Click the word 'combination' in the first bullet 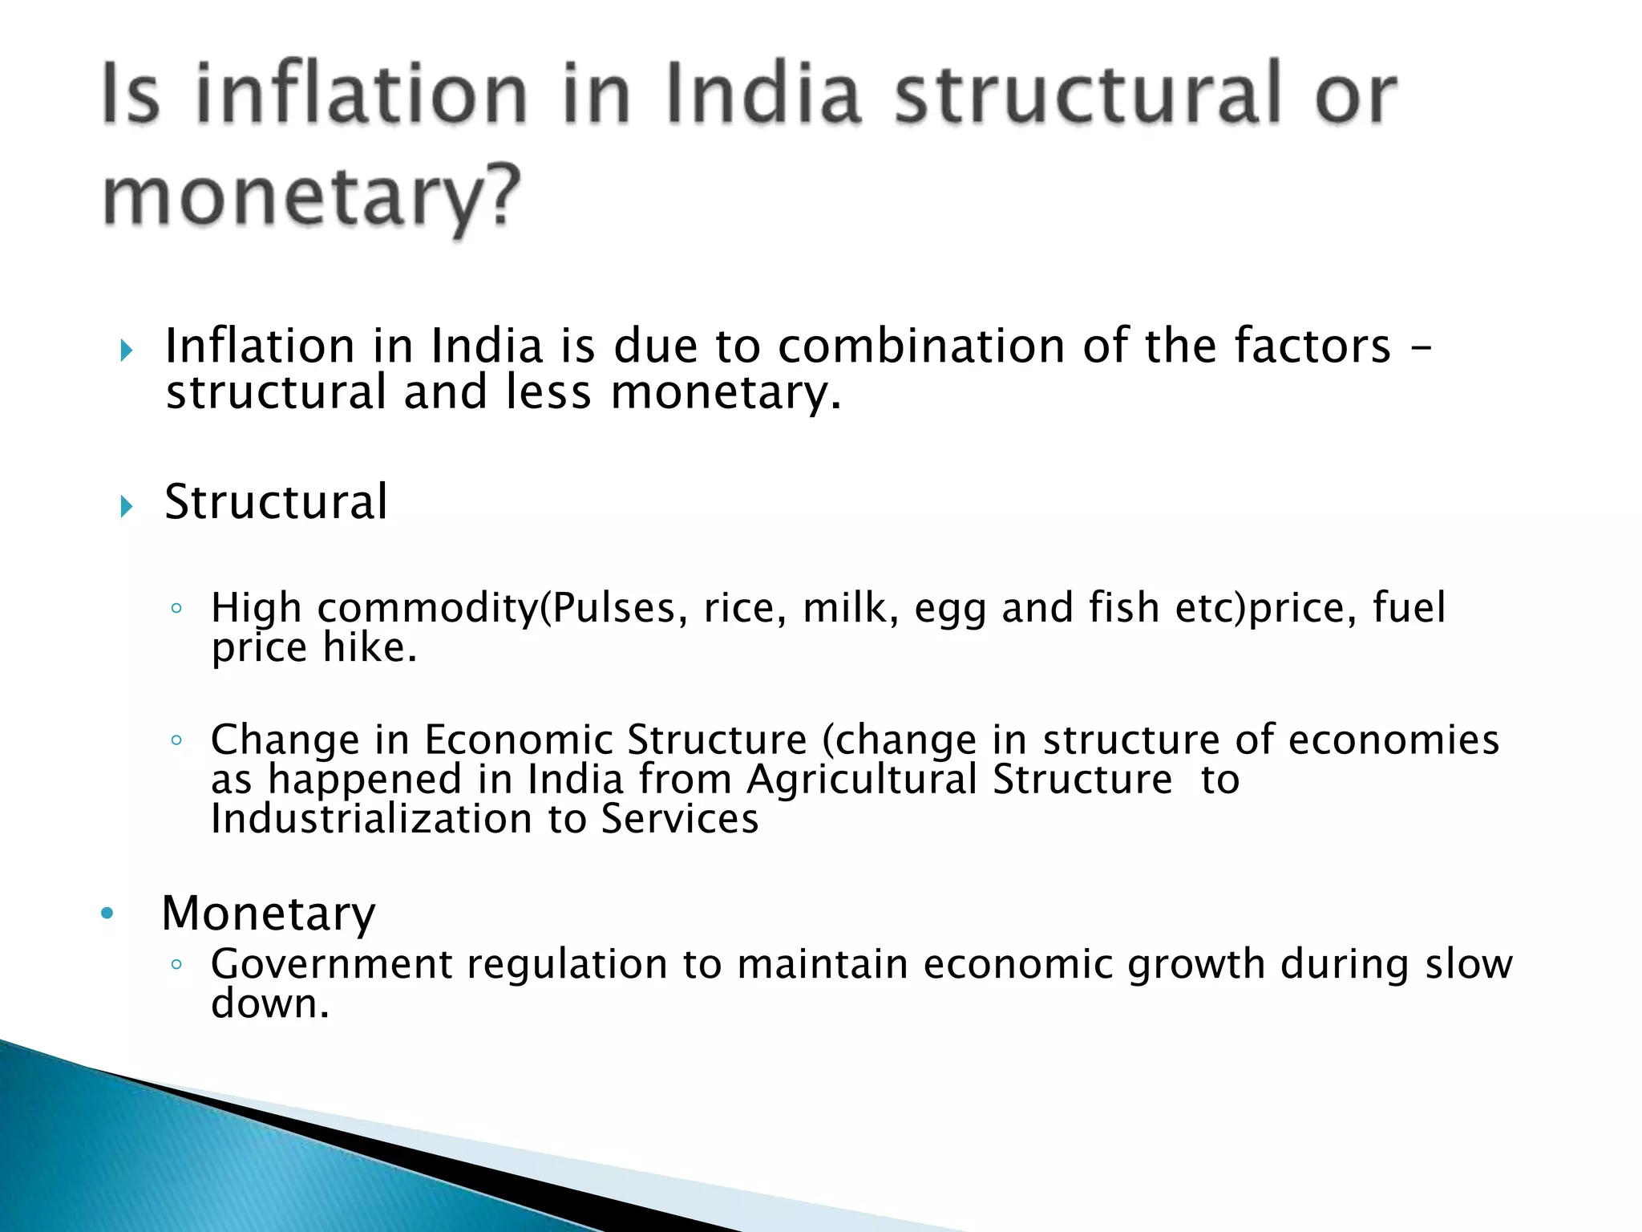(921, 346)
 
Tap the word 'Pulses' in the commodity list (614, 607)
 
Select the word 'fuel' (1409, 607)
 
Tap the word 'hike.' (370, 647)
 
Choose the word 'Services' (680, 819)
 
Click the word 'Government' (331, 964)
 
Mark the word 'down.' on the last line (270, 1004)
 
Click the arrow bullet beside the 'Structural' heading (126, 506)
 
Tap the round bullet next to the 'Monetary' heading (107, 914)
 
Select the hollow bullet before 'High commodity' (176, 609)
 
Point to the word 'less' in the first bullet (548, 393)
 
